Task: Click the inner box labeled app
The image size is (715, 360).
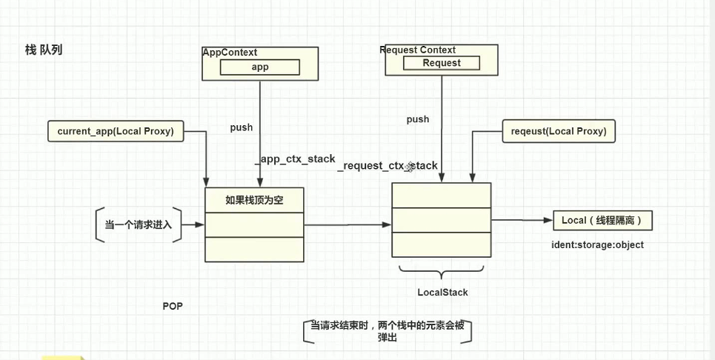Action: [260, 67]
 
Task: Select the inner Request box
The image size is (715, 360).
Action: [442, 63]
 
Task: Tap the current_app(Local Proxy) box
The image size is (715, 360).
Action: [116, 132]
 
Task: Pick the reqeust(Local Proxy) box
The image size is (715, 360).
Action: [559, 131]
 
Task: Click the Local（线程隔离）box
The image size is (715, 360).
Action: [602, 221]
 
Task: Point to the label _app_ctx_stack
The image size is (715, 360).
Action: [295, 159]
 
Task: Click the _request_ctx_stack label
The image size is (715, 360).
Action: [388, 166]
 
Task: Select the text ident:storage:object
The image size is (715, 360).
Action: [597, 244]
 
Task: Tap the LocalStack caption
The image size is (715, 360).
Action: [442, 292]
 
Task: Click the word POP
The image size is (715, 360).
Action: [173, 306]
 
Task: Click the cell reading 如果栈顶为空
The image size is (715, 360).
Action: [254, 200]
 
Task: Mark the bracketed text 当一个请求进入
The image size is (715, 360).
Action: [139, 224]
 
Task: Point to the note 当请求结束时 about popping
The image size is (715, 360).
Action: [388, 331]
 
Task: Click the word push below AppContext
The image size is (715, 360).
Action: [241, 127]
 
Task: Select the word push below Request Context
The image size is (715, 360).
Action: [418, 119]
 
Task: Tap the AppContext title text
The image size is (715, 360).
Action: [230, 53]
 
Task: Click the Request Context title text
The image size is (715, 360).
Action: [417, 50]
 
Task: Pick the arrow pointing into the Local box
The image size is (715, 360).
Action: [522, 219]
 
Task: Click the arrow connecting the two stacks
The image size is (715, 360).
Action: [347, 224]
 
